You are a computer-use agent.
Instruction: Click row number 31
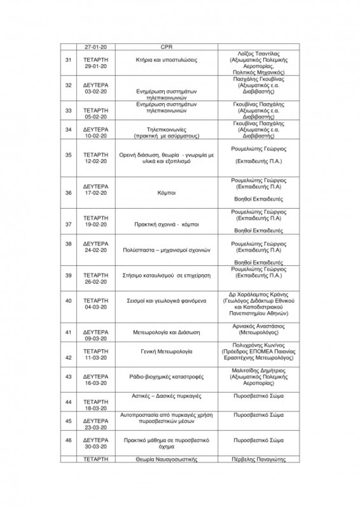click(x=69, y=60)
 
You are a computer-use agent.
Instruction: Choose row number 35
click(x=69, y=155)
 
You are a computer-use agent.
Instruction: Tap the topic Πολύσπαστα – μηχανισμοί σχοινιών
click(x=166, y=250)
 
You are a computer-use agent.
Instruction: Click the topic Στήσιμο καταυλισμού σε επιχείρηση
click(x=166, y=275)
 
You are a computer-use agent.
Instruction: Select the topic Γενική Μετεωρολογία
click(x=166, y=352)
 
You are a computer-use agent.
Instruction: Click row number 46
click(x=69, y=440)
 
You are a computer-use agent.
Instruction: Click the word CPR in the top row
click(x=166, y=47)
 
